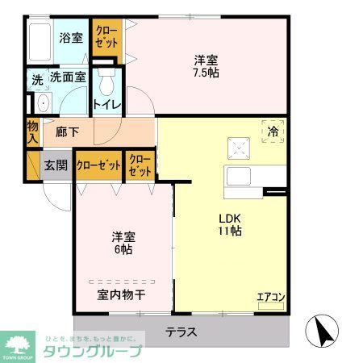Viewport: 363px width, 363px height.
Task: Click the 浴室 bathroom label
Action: point(71,37)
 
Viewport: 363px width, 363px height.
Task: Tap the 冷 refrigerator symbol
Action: point(273,131)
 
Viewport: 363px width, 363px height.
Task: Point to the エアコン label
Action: point(271,297)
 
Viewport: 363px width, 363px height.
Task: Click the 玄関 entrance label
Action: point(56,165)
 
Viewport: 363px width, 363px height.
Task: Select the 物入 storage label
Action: point(32,131)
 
